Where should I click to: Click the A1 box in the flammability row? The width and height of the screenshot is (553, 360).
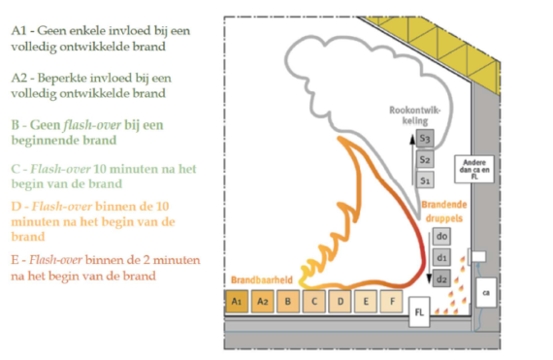click(x=236, y=301)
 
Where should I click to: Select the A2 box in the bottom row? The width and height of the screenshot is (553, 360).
click(x=262, y=301)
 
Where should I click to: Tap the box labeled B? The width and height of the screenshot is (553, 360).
click(x=288, y=301)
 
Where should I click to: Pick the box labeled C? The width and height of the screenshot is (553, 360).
click(x=314, y=301)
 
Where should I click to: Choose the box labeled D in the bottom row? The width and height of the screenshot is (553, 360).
click(x=341, y=301)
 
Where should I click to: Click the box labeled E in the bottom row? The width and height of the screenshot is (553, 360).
click(x=366, y=301)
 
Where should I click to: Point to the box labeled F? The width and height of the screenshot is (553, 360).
click(x=392, y=301)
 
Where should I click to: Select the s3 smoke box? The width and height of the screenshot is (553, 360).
click(x=425, y=141)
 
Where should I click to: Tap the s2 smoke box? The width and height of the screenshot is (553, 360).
click(x=425, y=160)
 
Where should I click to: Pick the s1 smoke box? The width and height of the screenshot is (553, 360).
click(x=425, y=180)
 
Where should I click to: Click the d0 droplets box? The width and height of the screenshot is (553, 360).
click(x=441, y=237)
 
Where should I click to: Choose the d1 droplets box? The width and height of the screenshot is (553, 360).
click(x=441, y=257)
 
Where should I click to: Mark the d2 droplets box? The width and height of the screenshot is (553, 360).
click(x=441, y=278)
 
